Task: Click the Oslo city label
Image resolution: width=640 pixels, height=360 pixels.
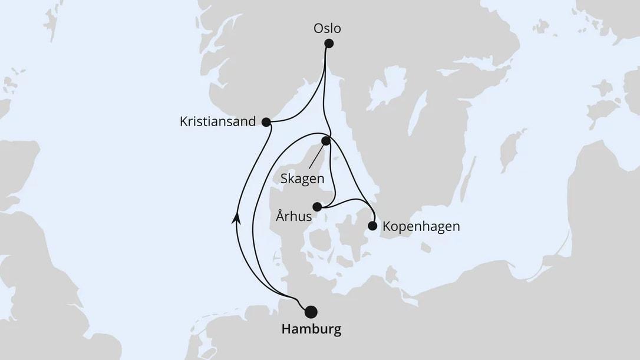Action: pos(328,28)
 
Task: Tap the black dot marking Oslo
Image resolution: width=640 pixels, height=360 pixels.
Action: pos(329,43)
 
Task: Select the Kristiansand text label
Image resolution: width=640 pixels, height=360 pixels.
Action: pos(217,122)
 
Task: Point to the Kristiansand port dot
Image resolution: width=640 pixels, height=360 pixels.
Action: pos(266,122)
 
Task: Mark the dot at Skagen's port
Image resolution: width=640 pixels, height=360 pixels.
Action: pos(326,141)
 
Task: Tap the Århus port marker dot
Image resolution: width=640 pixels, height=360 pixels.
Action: pos(317,206)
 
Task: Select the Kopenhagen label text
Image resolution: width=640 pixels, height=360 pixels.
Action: pos(421,226)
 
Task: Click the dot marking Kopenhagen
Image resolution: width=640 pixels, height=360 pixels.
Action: pos(372,226)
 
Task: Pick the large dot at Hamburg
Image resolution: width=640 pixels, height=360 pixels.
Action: pos(311,311)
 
